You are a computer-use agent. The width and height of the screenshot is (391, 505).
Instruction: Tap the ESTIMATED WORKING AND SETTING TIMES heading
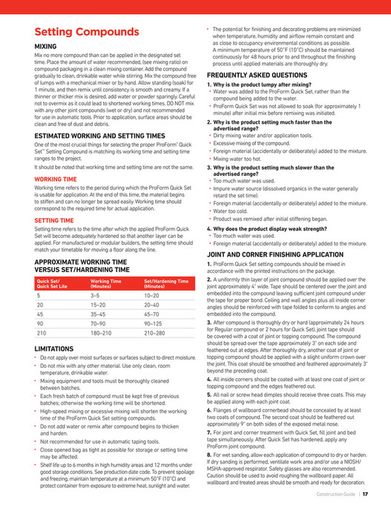(99, 136)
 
